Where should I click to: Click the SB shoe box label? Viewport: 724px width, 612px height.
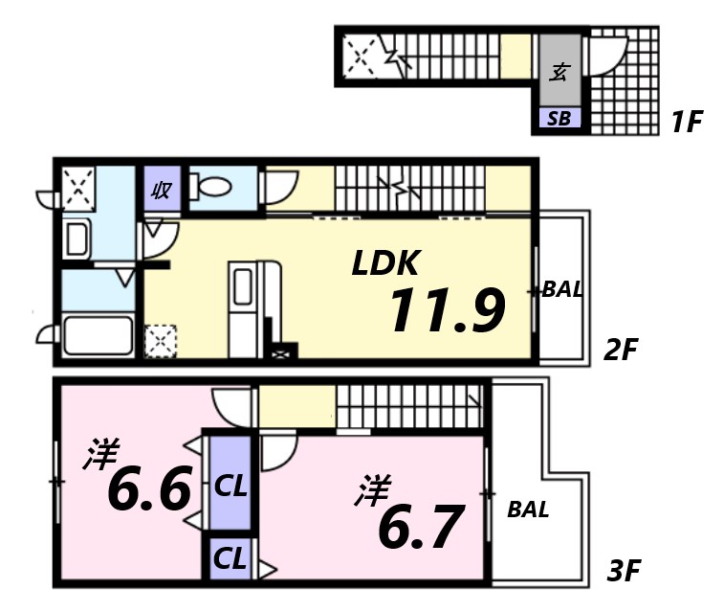[559, 119]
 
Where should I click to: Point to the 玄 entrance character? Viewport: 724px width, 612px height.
[560, 73]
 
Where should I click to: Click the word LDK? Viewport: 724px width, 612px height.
[385, 263]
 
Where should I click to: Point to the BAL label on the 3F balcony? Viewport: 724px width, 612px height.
[528, 510]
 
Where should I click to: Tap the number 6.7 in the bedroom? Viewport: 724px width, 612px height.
[420, 526]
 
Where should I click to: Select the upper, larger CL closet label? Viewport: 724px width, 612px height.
[230, 486]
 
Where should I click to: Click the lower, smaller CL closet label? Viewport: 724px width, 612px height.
[230, 556]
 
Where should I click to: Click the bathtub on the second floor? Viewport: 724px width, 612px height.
[97, 335]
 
